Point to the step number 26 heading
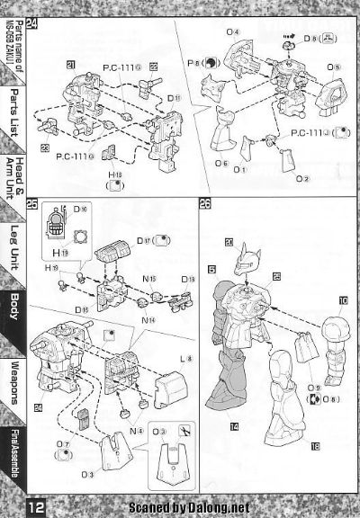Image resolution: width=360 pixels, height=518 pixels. point(205,204)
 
